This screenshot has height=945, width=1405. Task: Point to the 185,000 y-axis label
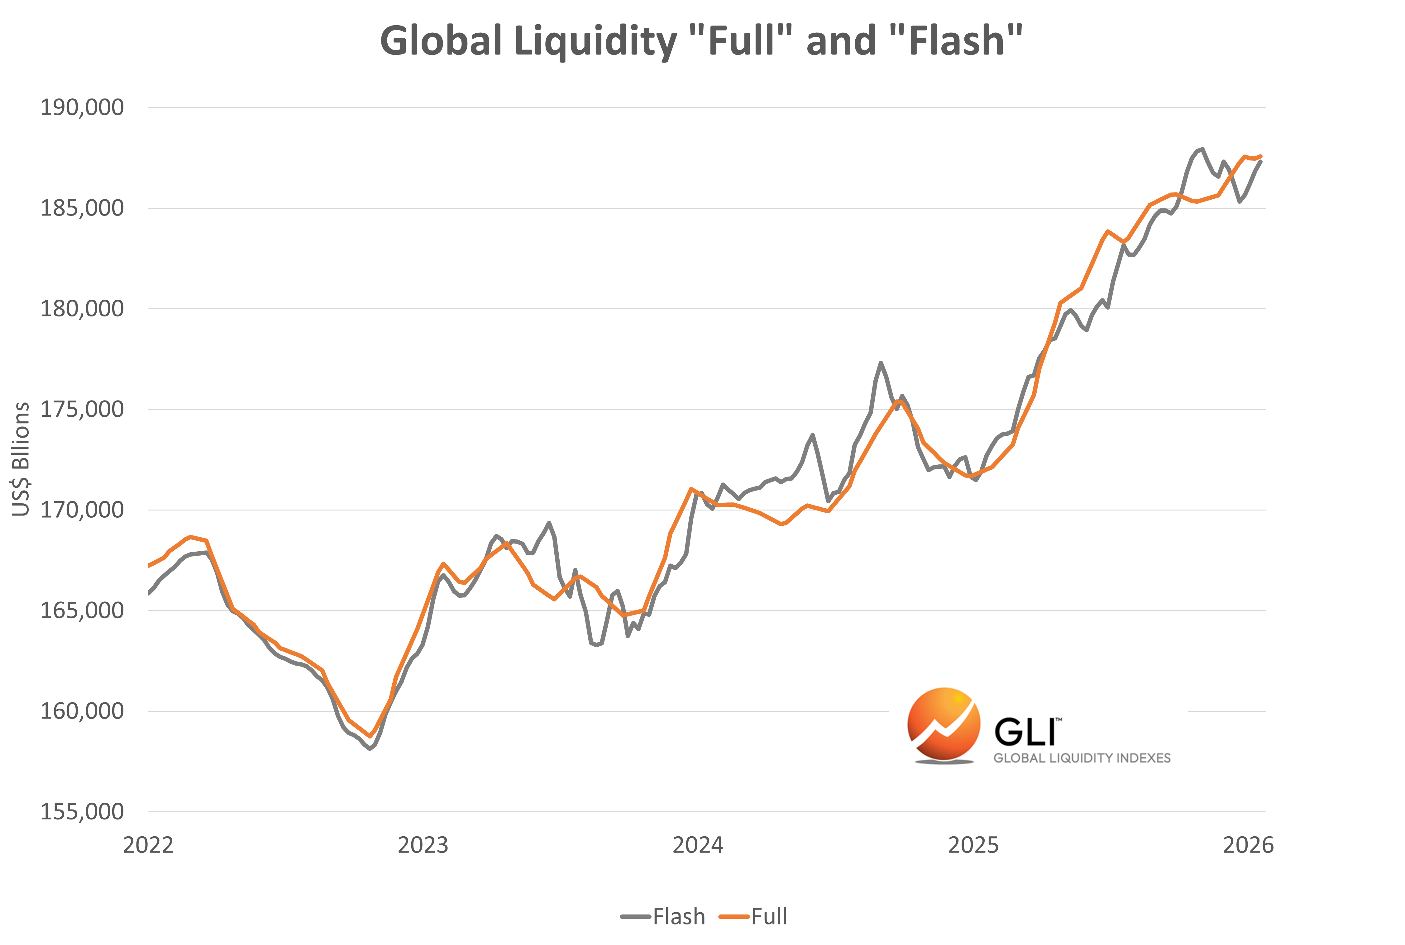click(x=81, y=208)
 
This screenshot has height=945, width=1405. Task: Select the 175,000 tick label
click(x=81, y=409)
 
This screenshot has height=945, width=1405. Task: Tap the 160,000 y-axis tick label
click(x=81, y=711)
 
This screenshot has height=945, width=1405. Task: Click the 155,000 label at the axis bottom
click(x=81, y=812)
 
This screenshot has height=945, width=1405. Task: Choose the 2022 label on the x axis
click(x=148, y=846)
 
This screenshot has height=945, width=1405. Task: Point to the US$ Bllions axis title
click(x=21, y=459)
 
